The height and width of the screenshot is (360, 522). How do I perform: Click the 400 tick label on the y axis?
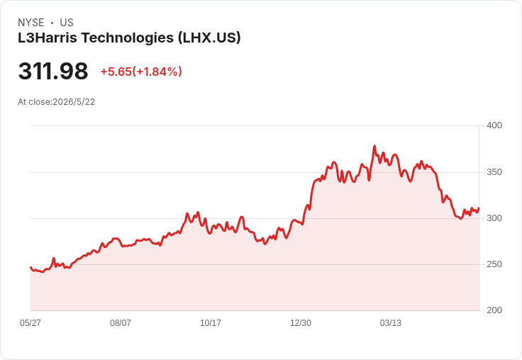tap(494, 125)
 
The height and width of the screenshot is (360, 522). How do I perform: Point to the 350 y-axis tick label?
tap(494, 172)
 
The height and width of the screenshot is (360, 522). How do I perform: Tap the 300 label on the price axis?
tap(494, 218)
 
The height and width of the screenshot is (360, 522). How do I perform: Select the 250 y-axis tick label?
tap(494, 264)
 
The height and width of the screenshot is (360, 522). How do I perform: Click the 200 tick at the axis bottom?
tap(494, 310)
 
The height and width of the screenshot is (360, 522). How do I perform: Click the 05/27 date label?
tap(30, 322)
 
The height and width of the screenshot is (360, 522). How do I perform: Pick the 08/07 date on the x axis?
tap(120, 322)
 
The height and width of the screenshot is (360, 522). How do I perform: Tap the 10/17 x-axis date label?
tap(211, 322)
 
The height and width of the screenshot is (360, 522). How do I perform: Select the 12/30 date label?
tap(301, 322)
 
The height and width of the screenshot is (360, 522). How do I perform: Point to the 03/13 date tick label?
tap(391, 322)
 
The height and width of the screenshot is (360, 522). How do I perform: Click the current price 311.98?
tap(53, 71)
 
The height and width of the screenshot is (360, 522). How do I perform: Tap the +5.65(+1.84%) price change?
tap(141, 72)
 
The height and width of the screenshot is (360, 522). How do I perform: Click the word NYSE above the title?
tap(31, 23)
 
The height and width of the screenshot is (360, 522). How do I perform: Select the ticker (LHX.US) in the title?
tap(209, 38)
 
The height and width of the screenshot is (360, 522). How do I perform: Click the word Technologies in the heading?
tap(128, 38)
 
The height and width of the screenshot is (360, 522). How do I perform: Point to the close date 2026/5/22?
tap(74, 102)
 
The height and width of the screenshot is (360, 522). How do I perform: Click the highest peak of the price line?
tap(374, 146)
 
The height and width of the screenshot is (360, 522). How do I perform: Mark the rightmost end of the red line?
tap(479, 208)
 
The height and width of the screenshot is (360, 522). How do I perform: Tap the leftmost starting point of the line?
tap(30, 267)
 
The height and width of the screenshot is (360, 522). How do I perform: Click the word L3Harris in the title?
tap(48, 38)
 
